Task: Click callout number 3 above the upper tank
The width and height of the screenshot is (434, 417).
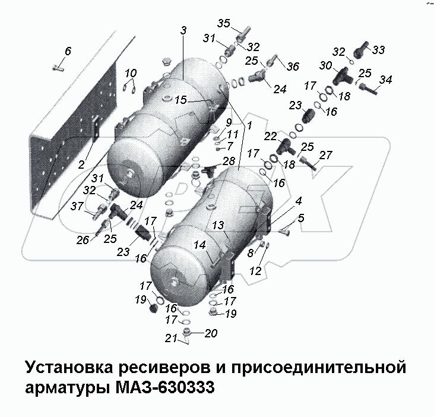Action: (x=183, y=30)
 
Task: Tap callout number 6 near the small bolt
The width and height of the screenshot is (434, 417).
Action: (x=68, y=52)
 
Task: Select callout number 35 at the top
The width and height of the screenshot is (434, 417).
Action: (x=223, y=24)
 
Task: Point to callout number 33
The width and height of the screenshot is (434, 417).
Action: (x=378, y=49)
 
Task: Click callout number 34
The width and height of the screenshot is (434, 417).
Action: (x=385, y=80)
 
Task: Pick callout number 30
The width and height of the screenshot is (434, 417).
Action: (x=326, y=66)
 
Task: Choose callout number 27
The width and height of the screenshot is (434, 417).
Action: (x=325, y=155)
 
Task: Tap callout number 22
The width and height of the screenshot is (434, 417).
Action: (x=270, y=137)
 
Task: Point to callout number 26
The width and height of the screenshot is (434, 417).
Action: (x=83, y=239)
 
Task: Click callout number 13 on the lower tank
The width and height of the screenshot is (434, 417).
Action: (x=217, y=225)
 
